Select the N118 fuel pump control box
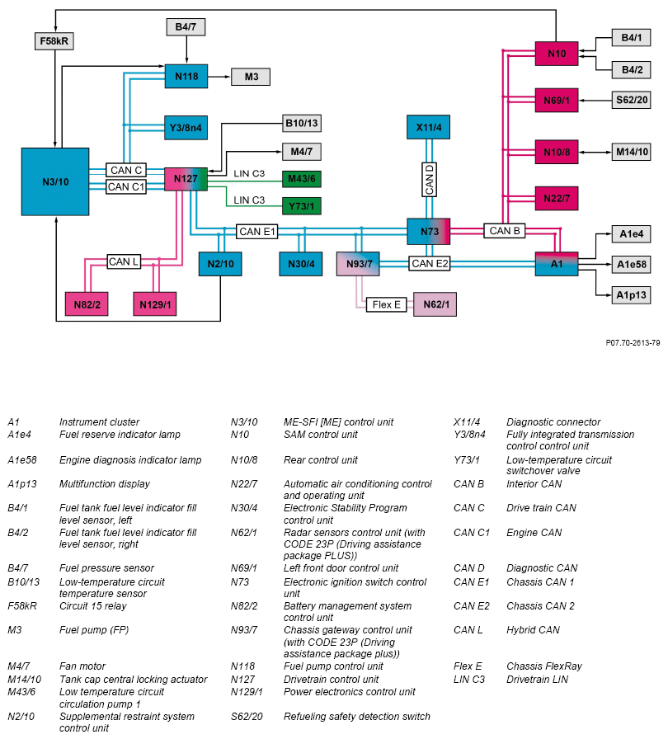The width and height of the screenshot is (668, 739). (186, 77)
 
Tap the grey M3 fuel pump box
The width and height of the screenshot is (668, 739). (251, 77)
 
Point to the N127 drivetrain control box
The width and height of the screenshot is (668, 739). (186, 179)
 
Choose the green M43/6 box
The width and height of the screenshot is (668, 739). (301, 179)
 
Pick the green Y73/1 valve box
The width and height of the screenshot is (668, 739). (301, 205)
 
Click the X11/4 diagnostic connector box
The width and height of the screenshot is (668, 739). (429, 128)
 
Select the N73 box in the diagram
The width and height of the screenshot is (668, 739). (429, 232)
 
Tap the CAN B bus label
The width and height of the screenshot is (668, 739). (505, 231)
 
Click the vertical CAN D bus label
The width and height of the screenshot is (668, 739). (429, 179)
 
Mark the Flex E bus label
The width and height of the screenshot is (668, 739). (387, 304)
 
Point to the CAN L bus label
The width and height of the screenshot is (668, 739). (125, 261)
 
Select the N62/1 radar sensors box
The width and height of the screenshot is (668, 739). (435, 304)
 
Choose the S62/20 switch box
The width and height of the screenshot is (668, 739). (632, 100)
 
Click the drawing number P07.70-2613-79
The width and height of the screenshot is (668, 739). (633, 342)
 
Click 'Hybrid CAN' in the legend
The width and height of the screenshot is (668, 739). (533, 630)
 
